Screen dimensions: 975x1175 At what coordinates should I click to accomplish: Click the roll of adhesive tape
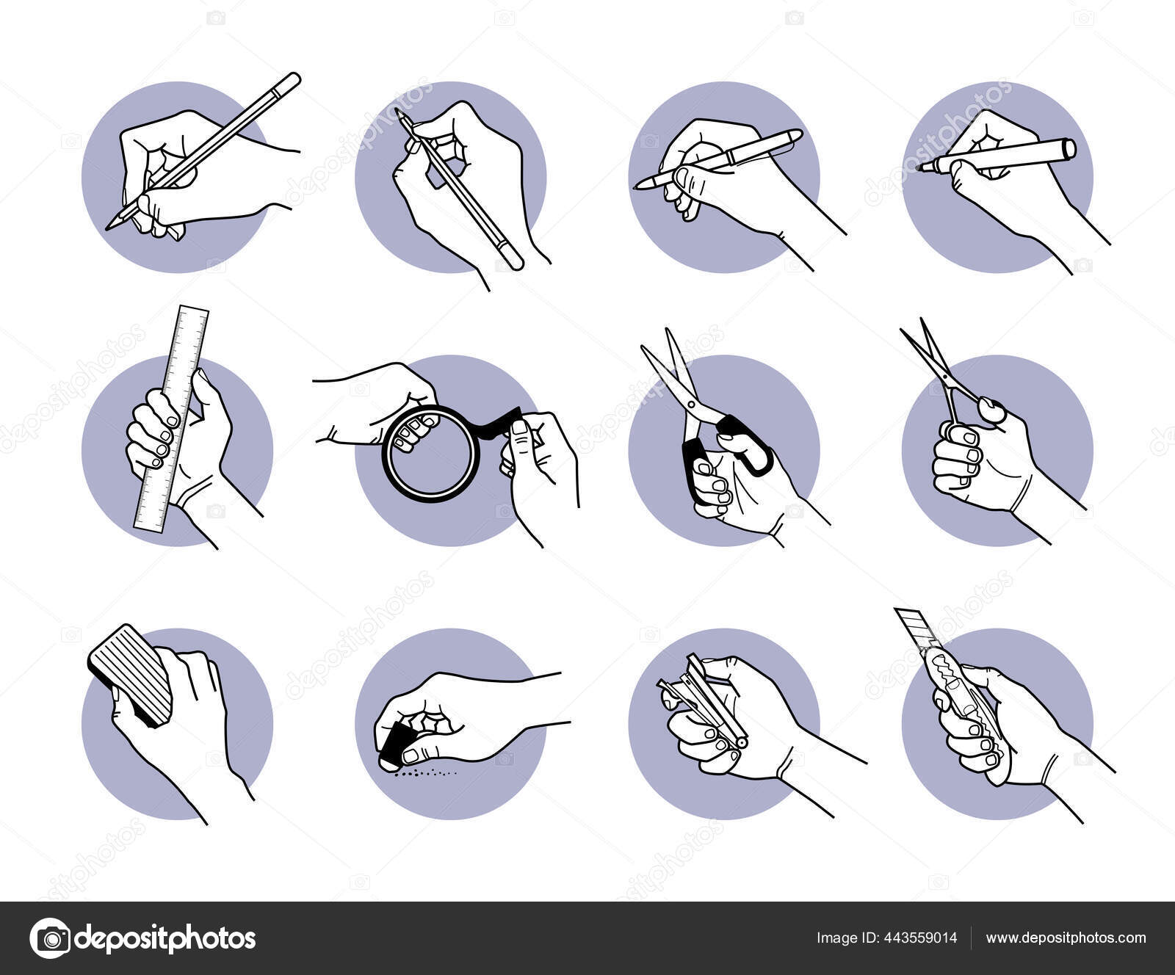(x=432, y=453)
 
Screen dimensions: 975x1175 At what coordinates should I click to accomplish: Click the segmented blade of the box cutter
(x=914, y=628)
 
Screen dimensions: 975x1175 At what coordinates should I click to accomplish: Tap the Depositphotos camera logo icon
(x=50, y=938)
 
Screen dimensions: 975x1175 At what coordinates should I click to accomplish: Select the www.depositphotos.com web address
(x=1066, y=938)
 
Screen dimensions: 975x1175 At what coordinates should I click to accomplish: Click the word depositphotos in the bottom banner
(x=166, y=938)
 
